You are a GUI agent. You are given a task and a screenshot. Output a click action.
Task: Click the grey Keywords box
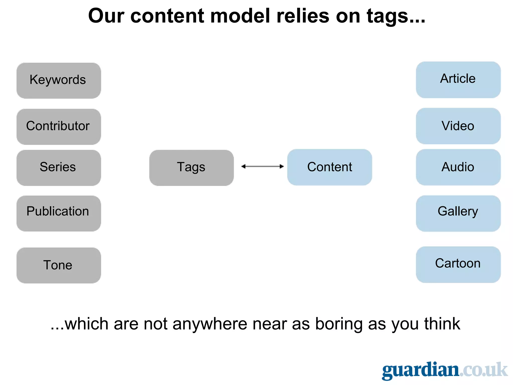[59, 80]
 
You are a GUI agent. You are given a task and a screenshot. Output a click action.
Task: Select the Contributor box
[59, 127]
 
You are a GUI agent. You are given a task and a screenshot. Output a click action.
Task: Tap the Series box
[59, 168]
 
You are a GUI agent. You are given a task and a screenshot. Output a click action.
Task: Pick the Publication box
[59, 213]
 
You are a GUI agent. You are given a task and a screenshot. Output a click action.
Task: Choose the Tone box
[59, 265]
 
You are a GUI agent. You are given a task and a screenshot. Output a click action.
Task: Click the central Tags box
[191, 168]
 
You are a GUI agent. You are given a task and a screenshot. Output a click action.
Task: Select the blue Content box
[329, 167]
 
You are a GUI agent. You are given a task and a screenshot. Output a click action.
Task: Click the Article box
[458, 80]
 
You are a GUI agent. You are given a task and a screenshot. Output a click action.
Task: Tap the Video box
[458, 126]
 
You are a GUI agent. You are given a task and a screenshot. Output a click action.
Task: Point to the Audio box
[458, 167]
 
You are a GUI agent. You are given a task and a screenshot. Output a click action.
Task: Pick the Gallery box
[458, 213]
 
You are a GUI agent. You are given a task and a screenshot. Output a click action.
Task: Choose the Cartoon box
[458, 265]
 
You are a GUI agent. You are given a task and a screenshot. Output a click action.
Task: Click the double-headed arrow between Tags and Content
[262, 166]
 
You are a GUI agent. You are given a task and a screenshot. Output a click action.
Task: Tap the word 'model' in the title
[240, 16]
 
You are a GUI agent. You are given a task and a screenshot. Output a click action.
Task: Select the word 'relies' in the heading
[303, 16]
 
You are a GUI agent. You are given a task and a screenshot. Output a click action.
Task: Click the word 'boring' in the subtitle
[339, 324]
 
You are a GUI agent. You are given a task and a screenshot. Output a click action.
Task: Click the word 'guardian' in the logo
[420, 370]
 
